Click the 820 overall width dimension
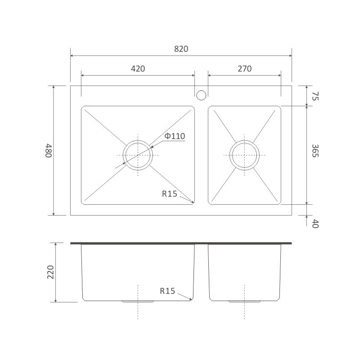[181, 49]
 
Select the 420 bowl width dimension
[138, 69]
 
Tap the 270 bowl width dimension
[244, 69]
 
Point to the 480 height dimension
[49, 151]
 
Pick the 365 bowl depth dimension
[315, 151]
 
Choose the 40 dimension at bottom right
[315, 224]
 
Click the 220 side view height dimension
[50, 272]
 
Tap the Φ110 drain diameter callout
[175, 136]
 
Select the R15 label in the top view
[170, 194]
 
